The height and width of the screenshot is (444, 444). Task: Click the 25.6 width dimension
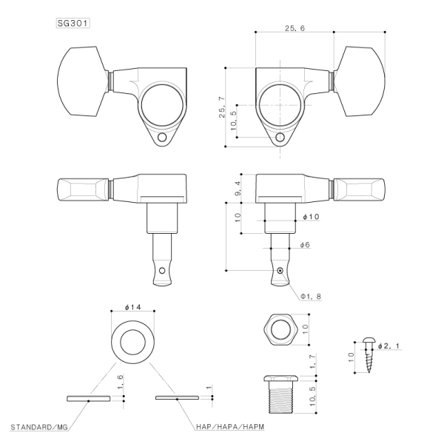[294, 27]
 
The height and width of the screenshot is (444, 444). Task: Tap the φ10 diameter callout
[311, 217]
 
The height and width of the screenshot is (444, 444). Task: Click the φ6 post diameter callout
[304, 244]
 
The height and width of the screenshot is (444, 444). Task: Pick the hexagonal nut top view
[281, 326]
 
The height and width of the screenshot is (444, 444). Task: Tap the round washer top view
[132, 341]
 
